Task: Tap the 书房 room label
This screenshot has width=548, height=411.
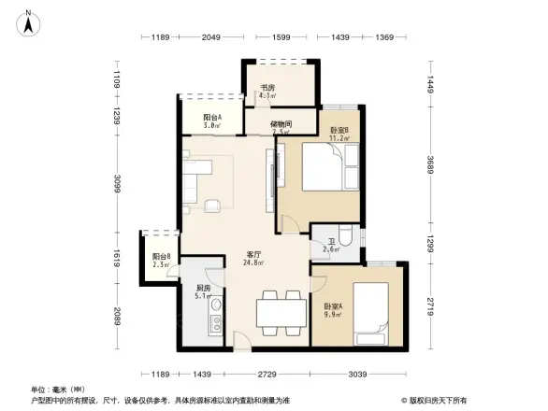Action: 267,90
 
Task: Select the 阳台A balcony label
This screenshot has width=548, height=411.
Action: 213,119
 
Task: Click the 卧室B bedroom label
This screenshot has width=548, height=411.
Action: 339,131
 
